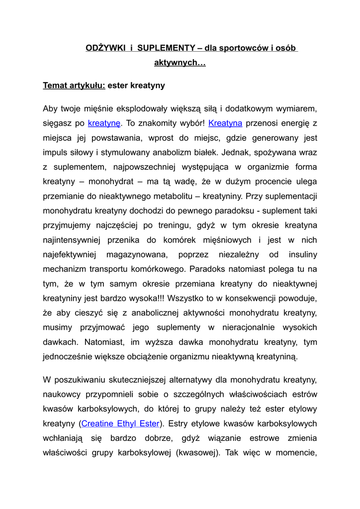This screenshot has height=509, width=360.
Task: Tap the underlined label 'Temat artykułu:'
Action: coord(74,85)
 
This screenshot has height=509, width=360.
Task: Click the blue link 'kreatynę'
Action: coord(104,123)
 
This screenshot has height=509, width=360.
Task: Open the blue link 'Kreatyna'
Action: coord(225,123)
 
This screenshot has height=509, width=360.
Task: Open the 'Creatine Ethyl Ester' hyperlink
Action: coord(120,424)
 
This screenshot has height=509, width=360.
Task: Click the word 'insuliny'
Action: coord(303,254)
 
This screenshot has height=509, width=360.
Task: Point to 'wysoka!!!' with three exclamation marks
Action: coord(148,298)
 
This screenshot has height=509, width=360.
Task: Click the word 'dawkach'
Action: coord(61,342)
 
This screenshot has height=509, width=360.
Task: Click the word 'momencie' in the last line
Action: coord(298,453)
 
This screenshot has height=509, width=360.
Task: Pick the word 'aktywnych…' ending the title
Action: coord(180,63)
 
